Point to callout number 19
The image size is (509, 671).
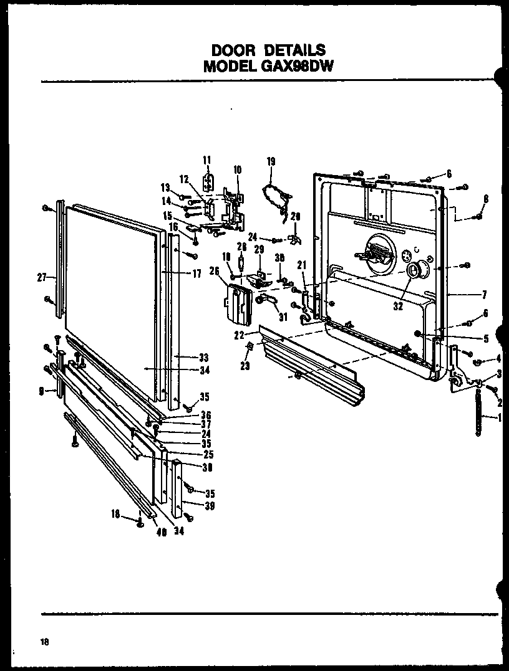271,161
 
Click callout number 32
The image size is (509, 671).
398,307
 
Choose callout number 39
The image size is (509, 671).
210,506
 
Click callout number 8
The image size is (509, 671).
485,199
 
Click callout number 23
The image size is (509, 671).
245,366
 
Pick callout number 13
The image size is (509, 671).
165,188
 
